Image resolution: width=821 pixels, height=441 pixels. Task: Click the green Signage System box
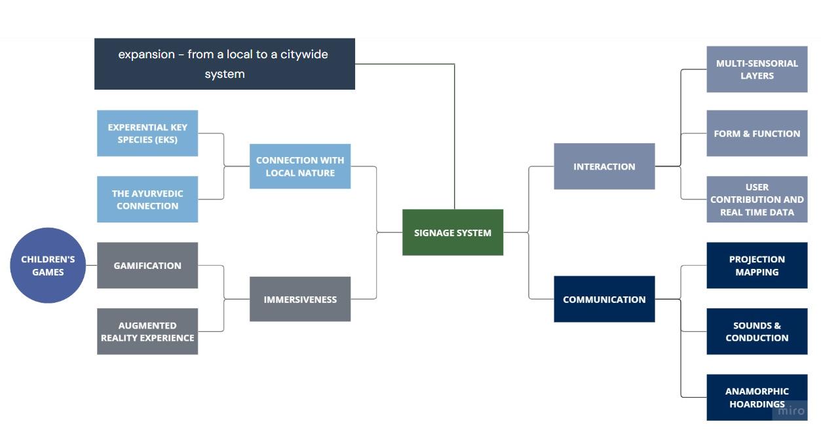tap(452, 232)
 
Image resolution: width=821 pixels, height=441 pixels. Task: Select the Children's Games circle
tap(48, 266)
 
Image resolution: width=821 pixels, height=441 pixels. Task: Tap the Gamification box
tap(147, 266)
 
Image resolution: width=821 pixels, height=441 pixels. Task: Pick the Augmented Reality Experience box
tap(147, 332)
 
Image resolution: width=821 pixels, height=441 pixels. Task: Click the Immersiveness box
tap(300, 299)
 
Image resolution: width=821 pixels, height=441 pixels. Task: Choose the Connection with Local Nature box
tap(300, 166)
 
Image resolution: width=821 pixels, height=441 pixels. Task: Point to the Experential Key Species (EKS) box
tap(147, 133)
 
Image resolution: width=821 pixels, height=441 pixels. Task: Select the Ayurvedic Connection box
tap(147, 200)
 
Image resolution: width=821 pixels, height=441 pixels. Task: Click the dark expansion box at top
tap(224, 64)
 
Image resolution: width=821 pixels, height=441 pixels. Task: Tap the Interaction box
tap(604, 166)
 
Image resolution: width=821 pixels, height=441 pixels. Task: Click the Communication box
tap(604, 299)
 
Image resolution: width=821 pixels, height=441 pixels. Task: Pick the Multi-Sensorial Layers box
tap(757, 69)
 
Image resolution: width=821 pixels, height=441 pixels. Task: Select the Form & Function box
tap(757, 133)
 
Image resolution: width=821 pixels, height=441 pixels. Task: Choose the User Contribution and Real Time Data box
tap(757, 200)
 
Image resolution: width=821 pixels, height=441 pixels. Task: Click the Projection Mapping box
tap(757, 266)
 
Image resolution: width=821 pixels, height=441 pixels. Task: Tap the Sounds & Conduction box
tap(757, 332)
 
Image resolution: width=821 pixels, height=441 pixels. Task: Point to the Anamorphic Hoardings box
tap(757, 397)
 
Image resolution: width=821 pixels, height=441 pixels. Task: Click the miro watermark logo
tap(791, 411)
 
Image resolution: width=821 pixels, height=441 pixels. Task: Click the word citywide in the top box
tap(304, 54)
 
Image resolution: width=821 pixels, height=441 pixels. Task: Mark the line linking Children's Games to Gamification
tap(91, 266)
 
